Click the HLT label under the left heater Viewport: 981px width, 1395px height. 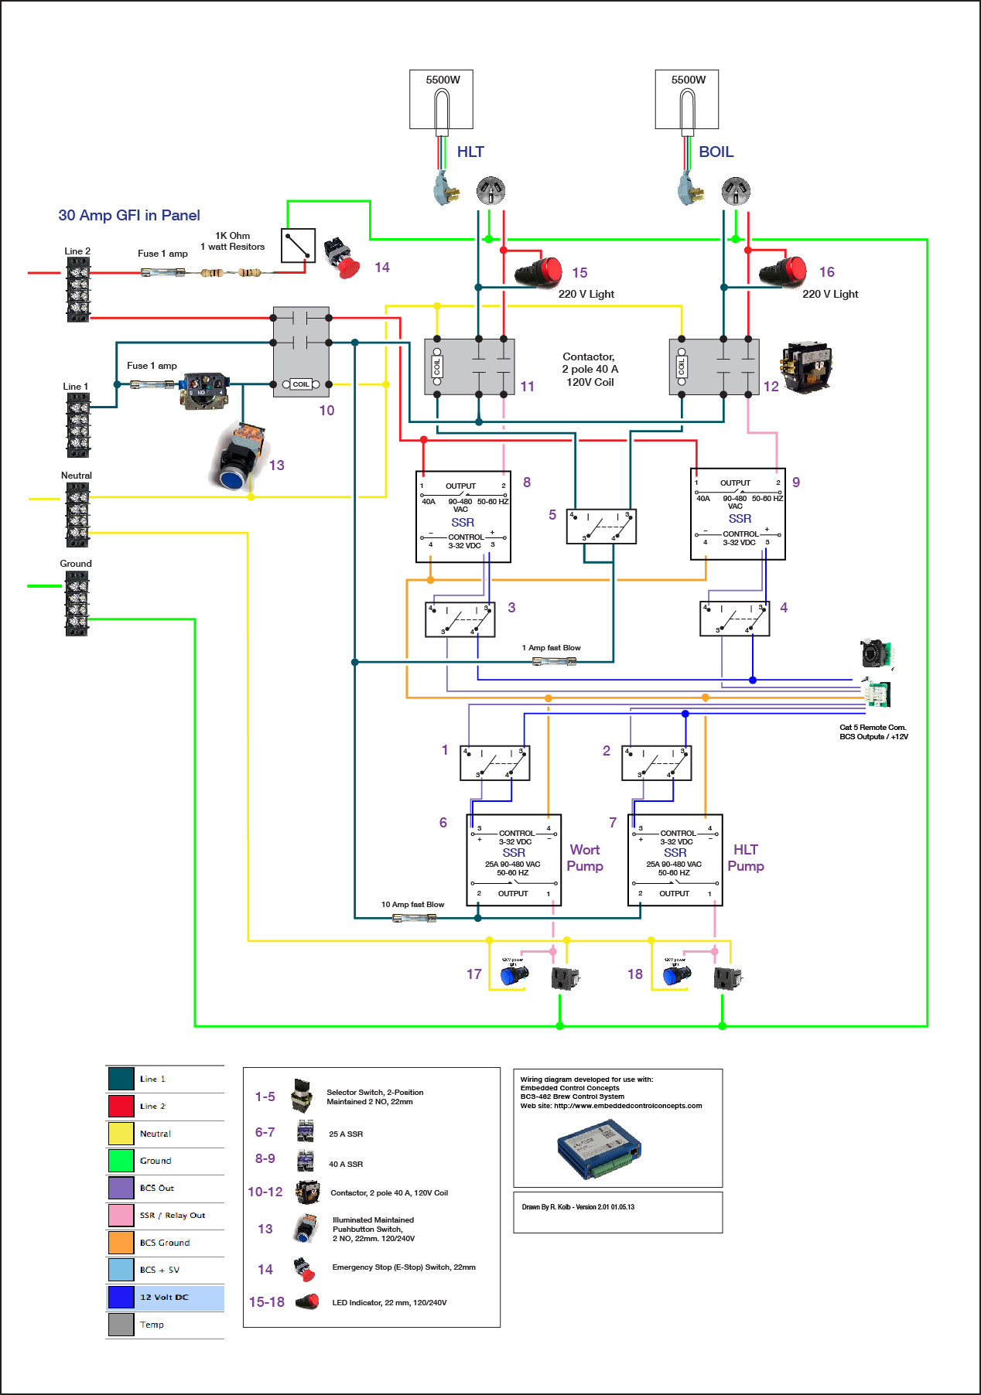tap(470, 152)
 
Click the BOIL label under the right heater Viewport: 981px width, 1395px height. tap(716, 152)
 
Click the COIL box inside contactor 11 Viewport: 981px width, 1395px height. tap(437, 367)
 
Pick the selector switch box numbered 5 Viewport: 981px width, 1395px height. tap(601, 526)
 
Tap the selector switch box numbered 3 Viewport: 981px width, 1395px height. tap(460, 619)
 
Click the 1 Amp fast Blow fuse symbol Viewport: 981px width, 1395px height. tap(554, 661)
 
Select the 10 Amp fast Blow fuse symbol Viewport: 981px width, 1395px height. tap(414, 918)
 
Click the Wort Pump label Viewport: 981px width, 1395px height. tap(585, 858)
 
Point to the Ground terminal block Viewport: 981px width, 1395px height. tap(77, 604)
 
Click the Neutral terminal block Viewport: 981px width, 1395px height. tap(77, 514)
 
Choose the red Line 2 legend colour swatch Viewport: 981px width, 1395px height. tap(121, 1106)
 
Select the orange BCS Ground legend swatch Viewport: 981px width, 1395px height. tap(121, 1242)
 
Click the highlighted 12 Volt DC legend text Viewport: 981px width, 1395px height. tap(164, 1297)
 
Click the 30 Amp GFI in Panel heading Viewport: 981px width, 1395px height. tap(129, 215)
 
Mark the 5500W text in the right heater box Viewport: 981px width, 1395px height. tap(688, 80)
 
